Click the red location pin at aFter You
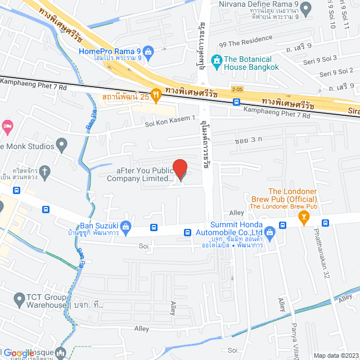pyautogui.click(x=179, y=169)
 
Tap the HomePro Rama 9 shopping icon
pyautogui.click(x=148, y=52)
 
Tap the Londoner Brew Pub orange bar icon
pyautogui.click(x=304, y=216)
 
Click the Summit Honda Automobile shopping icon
pyautogui.click(x=269, y=231)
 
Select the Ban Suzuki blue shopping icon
pyautogui.click(x=127, y=227)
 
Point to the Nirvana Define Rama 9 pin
pyautogui.click(x=305, y=8)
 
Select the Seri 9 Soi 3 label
pyautogui.click(x=320, y=58)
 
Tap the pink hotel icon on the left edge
pyautogui.click(x=7, y=124)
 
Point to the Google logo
pyautogui.click(x=19, y=353)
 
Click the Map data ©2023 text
pyautogui.click(x=335, y=355)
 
